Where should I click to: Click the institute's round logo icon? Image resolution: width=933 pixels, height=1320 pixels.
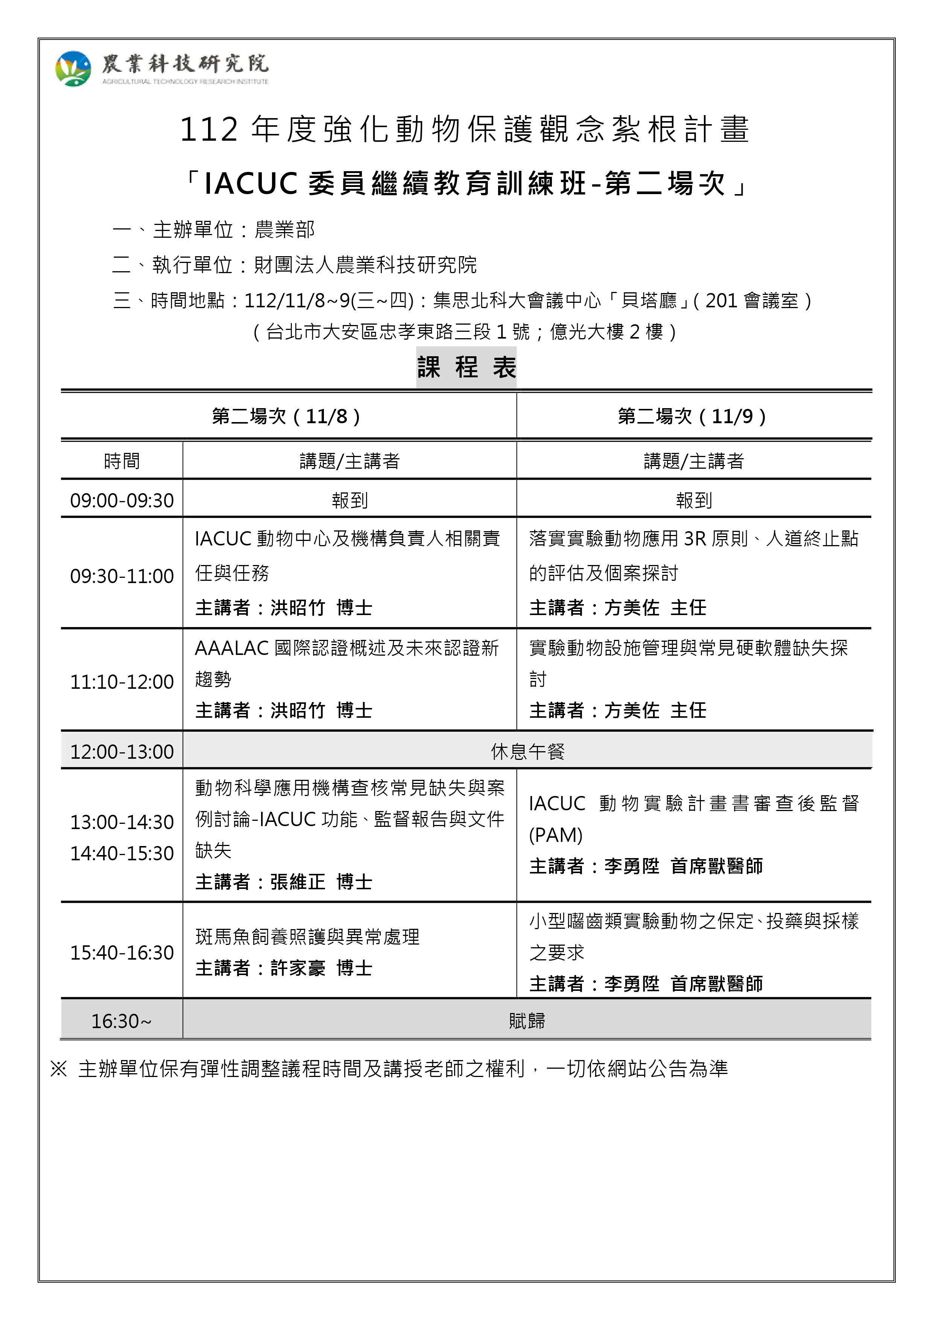coord(73,69)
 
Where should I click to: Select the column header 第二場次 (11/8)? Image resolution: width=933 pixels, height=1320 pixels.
coord(286,416)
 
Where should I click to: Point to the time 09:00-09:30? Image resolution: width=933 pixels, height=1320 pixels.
coord(122,501)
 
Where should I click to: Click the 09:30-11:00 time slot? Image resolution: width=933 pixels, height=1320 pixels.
coord(122,576)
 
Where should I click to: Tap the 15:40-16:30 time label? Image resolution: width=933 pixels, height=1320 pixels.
coord(122,952)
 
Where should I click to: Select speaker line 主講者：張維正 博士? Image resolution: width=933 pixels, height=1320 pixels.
coord(284,882)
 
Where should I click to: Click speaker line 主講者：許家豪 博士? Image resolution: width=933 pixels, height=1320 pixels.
coord(284,968)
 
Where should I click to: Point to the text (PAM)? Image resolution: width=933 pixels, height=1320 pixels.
coord(556,835)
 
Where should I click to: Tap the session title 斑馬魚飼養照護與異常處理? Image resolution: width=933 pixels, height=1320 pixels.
coord(307,937)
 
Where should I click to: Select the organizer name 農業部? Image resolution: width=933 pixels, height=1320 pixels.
coord(284,230)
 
